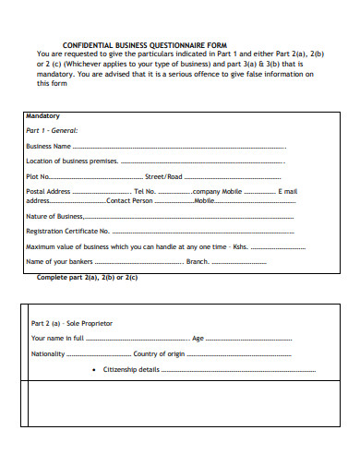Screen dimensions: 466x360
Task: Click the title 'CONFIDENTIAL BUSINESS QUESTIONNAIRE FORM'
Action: click(x=143, y=44)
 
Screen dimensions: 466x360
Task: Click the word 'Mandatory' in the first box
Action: click(x=42, y=116)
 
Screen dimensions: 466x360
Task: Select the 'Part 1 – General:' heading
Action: click(x=52, y=131)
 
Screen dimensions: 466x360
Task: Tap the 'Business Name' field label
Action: click(x=49, y=146)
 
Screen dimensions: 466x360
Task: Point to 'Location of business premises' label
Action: click(x=69, y=161)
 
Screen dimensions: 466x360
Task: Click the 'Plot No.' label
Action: click(x=39, y=176)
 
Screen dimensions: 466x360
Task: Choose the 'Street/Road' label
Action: click(x=164, y=176)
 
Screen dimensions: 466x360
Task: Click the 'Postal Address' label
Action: click(x=49, y=191)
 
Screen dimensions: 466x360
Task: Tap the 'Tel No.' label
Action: click(x=146, y=191)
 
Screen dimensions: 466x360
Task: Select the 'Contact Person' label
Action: click(x=130, y=200)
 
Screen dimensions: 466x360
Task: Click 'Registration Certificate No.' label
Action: click(x=68, y=231)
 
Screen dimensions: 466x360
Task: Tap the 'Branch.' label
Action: click(x=198, y=262)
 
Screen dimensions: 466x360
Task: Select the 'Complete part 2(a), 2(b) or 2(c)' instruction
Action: click(x=87, y=277)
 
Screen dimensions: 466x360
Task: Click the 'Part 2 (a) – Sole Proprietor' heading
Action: click(x=72, y=324)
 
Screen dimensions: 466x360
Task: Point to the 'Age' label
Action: click(x=198, y=339)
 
